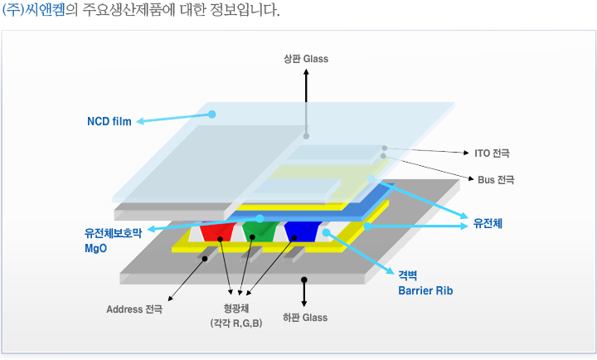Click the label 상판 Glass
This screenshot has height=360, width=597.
coord(305,59)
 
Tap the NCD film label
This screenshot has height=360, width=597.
coord(109,122)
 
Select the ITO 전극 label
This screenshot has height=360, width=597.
coord(492,153)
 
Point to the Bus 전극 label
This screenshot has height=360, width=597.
coord(497,179)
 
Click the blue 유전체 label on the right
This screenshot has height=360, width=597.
coord(488,224)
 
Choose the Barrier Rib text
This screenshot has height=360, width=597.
coord(425,291)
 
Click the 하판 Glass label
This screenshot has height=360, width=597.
coord(304,317)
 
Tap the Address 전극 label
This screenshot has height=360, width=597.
coord(134,309)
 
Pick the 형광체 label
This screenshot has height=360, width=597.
coord(236,309)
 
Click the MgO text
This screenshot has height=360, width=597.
coord(95,248)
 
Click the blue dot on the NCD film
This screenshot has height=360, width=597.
coord(212,114)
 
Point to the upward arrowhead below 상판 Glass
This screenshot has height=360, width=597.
coord(305,72)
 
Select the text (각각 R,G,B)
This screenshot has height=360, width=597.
coord(236,323)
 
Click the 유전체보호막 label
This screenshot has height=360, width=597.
coord(114,234)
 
